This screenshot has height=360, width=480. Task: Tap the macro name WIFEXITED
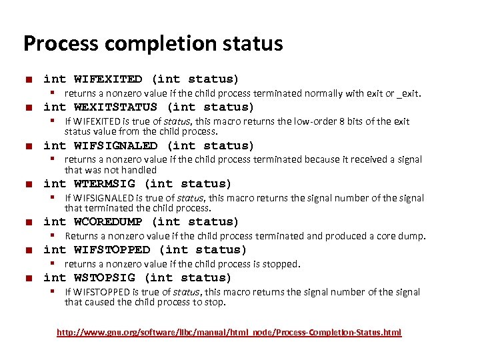(108, 79)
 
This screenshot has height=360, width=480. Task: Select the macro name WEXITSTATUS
(115, 107)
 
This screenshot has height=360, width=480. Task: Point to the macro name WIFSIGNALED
(115, 145)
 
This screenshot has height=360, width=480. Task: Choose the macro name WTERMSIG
(104, 183)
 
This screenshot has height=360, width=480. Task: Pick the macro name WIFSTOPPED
(112, 249)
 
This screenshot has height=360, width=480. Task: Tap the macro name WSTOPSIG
(104, 277)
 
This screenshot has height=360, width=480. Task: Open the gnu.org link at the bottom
(229, 332)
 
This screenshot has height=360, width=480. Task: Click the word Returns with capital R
(81, 235)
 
